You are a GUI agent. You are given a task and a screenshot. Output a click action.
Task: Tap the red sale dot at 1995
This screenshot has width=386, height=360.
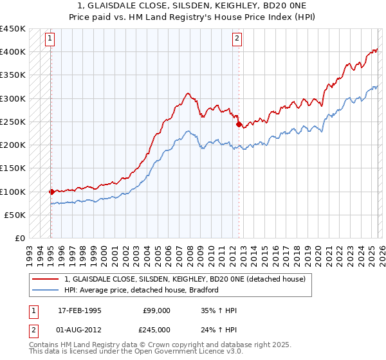51,192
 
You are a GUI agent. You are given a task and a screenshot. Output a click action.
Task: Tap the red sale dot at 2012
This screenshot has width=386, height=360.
239,124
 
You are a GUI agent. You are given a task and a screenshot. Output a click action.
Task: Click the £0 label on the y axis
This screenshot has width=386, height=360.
21,239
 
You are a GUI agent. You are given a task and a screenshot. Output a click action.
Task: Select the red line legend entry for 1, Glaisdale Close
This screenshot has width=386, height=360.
188,279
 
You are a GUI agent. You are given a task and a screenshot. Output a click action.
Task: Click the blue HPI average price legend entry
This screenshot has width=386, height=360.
142,290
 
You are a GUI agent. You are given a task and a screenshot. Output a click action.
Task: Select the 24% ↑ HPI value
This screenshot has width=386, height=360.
219,330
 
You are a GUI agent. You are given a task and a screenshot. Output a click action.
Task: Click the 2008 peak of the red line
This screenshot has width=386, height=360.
187,94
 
